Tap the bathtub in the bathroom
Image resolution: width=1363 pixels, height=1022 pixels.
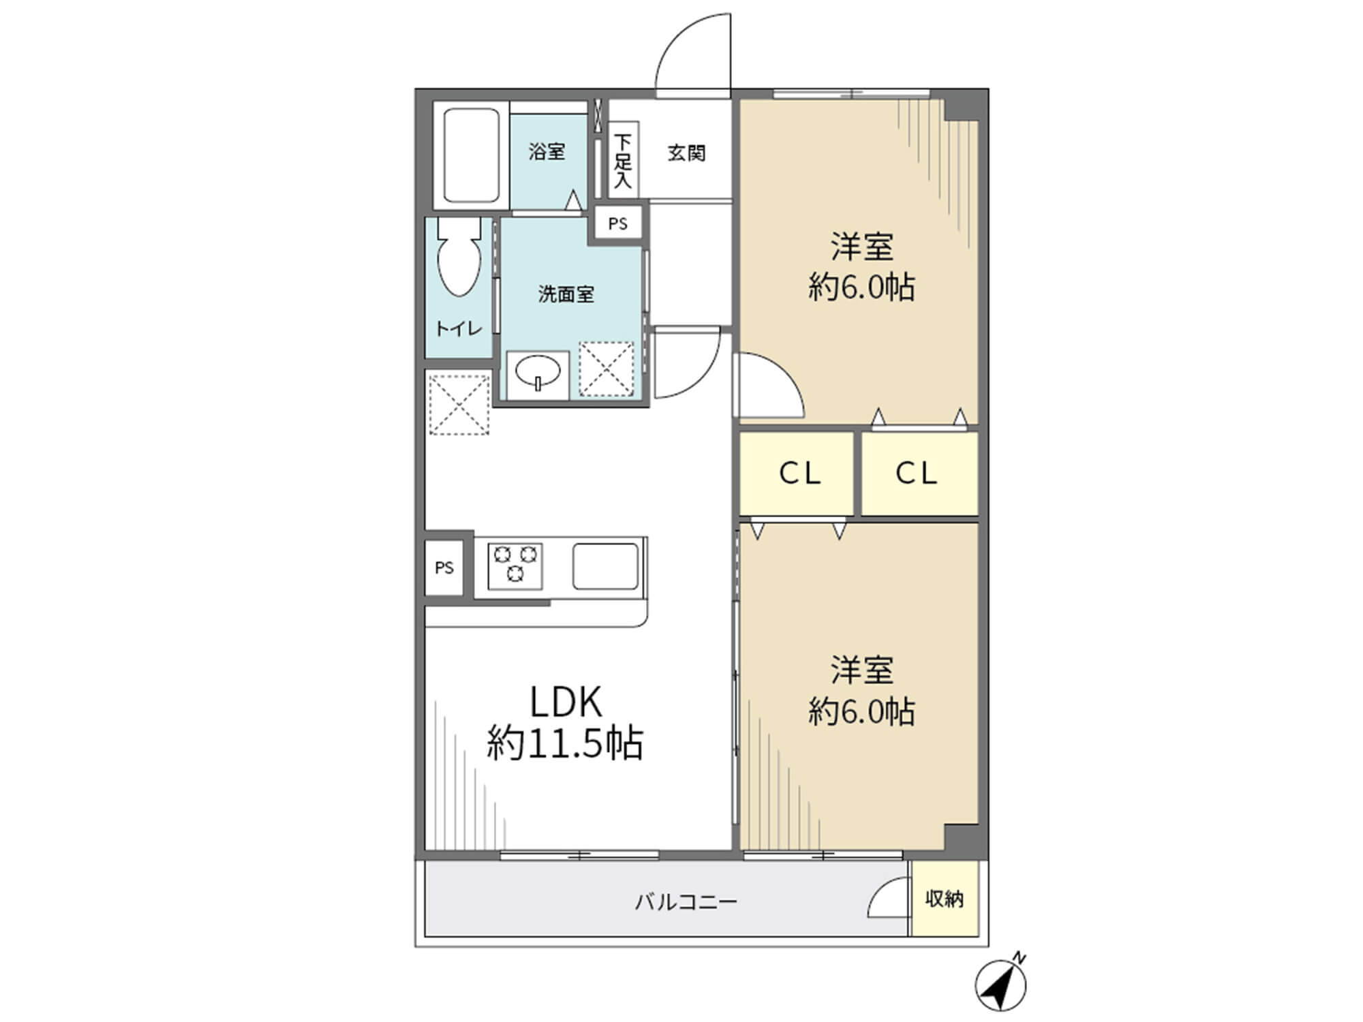tap(472, 156)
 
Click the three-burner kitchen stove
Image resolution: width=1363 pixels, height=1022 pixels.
tap(515, 566)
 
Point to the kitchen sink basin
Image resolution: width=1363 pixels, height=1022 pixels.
tap(605, 566)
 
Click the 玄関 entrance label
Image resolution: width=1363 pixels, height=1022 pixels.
tap(686, 153)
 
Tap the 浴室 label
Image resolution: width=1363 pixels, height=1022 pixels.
tap(547, 151)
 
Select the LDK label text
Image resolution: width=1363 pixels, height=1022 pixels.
tap(566, 702)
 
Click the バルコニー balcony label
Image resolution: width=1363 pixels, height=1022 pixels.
tap(686, 903)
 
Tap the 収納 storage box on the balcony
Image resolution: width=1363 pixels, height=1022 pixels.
tap(945, 899)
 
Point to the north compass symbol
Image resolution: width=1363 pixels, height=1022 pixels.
tap(1000, 985)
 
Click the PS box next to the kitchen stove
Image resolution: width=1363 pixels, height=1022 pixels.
tap(444, 568)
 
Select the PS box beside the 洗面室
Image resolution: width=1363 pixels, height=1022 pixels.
tap(618, 223)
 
